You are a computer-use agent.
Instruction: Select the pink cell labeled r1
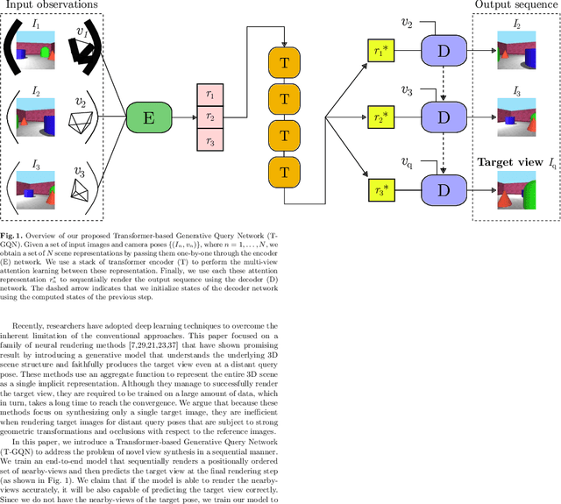(209, 93)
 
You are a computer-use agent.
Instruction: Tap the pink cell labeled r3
(209, 139)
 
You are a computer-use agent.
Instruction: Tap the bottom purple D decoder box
(444, 189)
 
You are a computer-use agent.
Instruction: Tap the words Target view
(506, 162)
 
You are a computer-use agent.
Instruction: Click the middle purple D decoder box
(444, 117)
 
